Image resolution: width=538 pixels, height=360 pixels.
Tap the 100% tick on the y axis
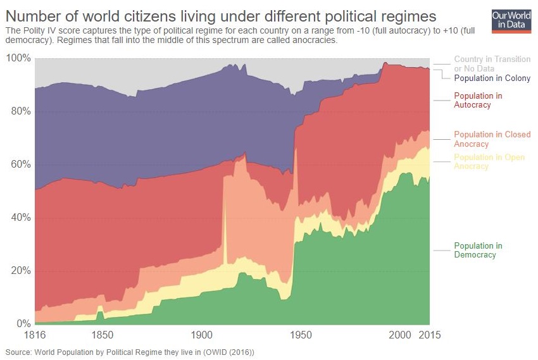(x=18, y=58)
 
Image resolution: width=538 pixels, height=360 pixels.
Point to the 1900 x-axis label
(x=201, y=335)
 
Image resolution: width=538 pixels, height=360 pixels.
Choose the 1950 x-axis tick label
(x=300, y=335)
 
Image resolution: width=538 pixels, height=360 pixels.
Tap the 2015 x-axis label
(x=430, y=335)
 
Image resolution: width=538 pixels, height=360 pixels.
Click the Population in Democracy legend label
(x=478, y=250)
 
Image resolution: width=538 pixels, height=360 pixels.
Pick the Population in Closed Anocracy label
(x=492, y=139)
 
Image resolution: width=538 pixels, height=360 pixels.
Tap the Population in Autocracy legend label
(x=478, y=100)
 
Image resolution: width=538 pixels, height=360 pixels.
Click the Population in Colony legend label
(x=492, y=78)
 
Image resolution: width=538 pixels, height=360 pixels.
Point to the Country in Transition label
(x=492, y=59)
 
